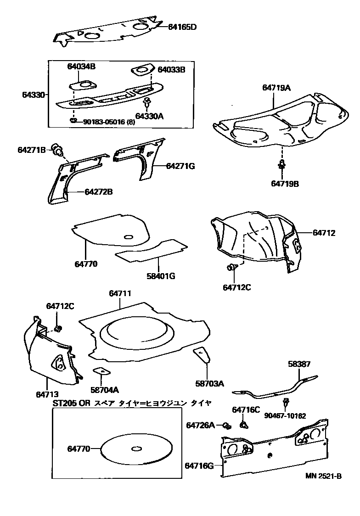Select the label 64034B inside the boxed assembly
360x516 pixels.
click(79, 67)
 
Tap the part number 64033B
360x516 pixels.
click(171, 70)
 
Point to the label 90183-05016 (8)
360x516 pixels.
click(109, 122)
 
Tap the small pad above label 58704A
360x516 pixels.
click(100, 371)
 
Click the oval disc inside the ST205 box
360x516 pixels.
click(136, 449)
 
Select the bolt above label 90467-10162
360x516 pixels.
click(287, 403)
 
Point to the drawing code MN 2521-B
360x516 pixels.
click(324, 476)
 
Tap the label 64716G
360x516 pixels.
click(200, 466)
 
